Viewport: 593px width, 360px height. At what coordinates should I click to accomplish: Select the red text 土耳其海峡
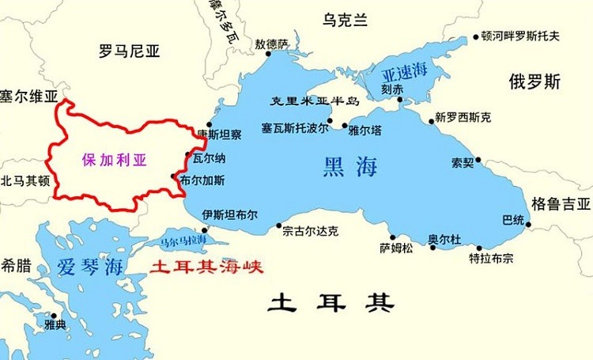tap(206, 267)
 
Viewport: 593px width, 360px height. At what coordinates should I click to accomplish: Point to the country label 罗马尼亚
tap(130, 52)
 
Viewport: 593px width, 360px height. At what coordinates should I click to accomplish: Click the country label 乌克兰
tap(345, 21)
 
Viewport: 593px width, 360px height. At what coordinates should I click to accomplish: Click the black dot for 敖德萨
tap(268, 53)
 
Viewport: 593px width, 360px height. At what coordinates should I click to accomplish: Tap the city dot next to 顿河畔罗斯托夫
tap(476, 36)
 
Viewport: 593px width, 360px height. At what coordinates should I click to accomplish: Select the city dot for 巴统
tap(528, 224)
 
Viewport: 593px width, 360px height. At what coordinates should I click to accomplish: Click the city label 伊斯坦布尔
tap(229, 214)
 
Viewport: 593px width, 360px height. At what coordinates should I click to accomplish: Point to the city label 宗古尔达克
tap(311, 231)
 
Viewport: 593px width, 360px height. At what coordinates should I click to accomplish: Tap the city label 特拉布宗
tap(491, 257)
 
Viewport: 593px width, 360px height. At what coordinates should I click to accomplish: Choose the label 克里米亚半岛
tap(315, 101)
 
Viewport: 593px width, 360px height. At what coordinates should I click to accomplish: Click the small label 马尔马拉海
tap(183, 239)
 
